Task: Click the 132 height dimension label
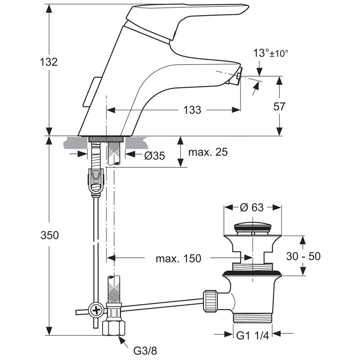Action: tap(49, 62)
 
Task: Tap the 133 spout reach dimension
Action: tap(193, 110)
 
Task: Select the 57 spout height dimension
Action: tap(279, 107)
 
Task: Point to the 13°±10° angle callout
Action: tap(271, 54)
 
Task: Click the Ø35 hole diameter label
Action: tap(154, 156)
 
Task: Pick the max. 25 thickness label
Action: tap(208, 152)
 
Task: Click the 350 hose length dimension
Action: tap(49, 235)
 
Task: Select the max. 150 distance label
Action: tap(179, 258)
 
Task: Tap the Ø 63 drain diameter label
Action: tap(252, 208)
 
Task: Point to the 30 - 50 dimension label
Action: tap(303, 256)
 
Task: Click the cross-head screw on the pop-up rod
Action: tap(96, 309)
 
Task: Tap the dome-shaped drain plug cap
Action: tap(252, 227)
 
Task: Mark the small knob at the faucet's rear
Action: tap(92, 92)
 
